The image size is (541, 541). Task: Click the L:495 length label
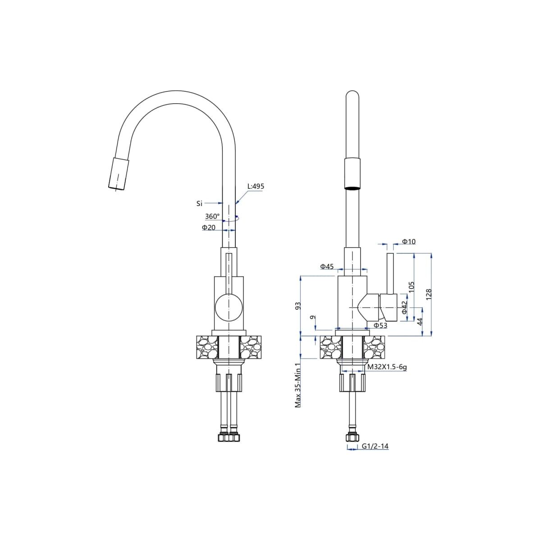coord(256,186)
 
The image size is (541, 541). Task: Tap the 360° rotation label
coord(212,216)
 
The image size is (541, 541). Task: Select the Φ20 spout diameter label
coord(209,227)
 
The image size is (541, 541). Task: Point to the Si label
coord(199,203)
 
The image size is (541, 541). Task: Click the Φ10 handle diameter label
coord(409,242)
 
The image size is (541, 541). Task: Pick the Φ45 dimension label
coord(327,266)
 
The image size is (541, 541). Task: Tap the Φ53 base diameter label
coord(381,326)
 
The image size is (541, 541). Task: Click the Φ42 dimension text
coord(404,307)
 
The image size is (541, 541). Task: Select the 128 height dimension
coord(429,294)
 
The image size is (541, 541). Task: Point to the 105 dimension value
coord(411,287)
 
